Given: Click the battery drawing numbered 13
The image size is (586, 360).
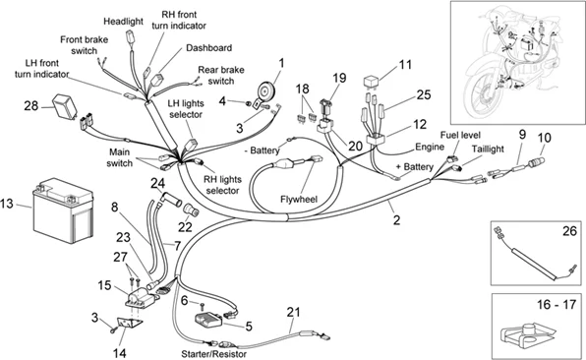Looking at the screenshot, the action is [x=63, y=210].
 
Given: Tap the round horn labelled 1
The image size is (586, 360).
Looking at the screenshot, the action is [x=266, y=90].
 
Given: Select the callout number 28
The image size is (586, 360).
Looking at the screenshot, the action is [x=31, y=106].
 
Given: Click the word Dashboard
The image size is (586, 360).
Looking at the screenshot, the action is [x=208, y=48].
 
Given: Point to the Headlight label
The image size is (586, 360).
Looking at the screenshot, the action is [x=123, y=22].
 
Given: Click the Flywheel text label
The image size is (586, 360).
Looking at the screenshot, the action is [x=299, y=200].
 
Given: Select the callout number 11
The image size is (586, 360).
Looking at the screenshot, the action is [x=405, y=65].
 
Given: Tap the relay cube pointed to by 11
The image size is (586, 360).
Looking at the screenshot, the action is [x=371, y=83].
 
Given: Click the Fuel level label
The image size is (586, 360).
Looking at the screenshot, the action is [x=460, y=135].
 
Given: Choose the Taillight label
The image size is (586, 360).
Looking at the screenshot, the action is [x=488, y=150].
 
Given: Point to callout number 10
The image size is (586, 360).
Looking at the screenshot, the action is [x=544, y=138].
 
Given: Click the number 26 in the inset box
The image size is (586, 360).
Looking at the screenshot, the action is [x=569, y=231].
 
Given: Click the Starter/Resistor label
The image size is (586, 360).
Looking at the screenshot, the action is [x=213, y=354].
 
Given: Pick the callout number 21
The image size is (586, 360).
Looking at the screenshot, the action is [x=294, y=312].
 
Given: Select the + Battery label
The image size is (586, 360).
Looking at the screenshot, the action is [x=415, y=167].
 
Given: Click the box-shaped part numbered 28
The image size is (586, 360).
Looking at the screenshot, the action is [x=64, y=104].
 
